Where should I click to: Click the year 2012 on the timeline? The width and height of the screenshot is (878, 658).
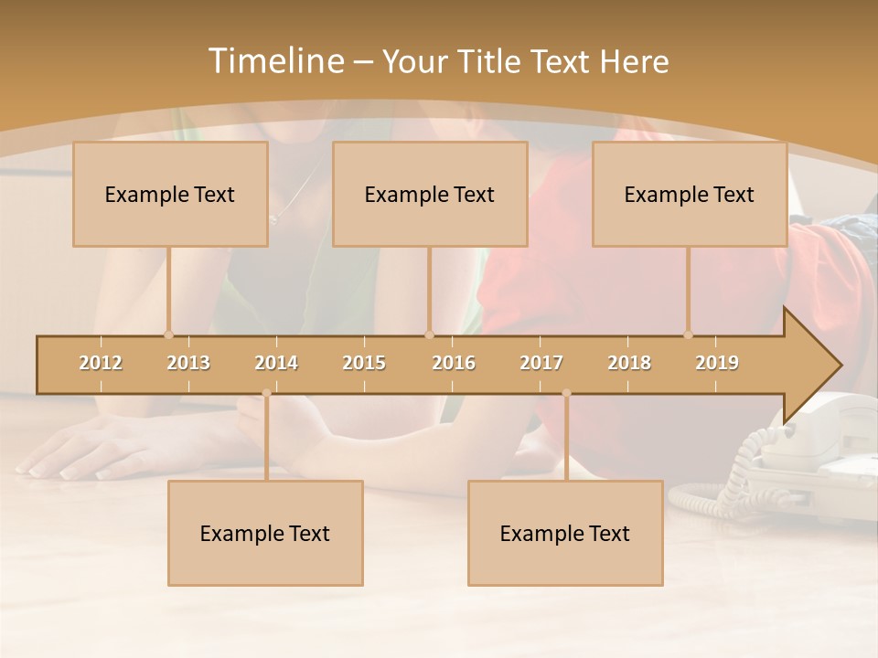(101, 363)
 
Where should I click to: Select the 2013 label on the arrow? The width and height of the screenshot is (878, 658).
(188, 363)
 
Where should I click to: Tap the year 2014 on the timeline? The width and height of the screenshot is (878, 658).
(276, 363)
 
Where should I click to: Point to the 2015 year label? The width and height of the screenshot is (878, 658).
(364, 363)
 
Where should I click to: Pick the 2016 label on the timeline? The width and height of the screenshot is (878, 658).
(454, 363)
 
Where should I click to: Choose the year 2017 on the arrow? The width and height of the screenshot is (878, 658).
(541, 363)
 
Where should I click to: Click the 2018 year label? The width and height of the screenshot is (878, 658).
(629, 363)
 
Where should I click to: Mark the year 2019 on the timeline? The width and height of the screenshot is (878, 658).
(717, 363)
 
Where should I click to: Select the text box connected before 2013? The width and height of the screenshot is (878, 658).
(170, 194)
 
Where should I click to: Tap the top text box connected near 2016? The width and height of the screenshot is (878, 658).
(430, 194)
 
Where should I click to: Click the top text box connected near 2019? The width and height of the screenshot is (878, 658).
(690, 194)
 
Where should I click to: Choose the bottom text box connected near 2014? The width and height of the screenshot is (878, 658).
(265, 533)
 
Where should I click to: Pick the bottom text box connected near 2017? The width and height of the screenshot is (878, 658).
(565, 533)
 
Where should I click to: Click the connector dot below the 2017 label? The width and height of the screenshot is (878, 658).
(566, 393)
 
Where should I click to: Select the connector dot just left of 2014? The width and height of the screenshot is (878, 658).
(266, 393)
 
